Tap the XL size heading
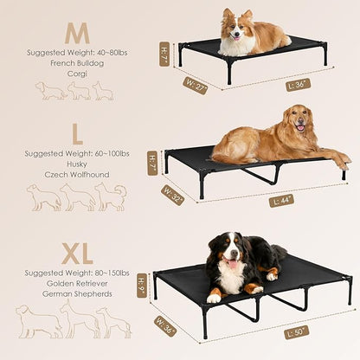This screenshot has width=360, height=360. point(78,254)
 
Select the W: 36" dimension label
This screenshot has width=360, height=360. point(165,326)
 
